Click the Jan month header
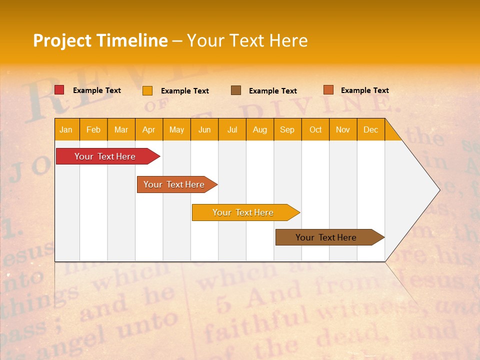tap(66, 129)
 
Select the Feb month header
tap(93, 129)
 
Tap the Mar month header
tap(121, 129)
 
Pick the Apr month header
tap(149, 129)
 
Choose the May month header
tap(176, 129)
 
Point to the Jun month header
tap(204, 129)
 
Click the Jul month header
tap(232, 129)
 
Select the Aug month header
tap(260, 129)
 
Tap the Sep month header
tap(287, 129)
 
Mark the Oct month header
tap(315, 129)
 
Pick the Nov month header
tap(343, 129)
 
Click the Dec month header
tap(371, 129)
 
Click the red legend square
tap(59, 90)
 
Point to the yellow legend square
tap(147, 90)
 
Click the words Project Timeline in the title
tap(100, 40)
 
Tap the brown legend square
tap(236, 90)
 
